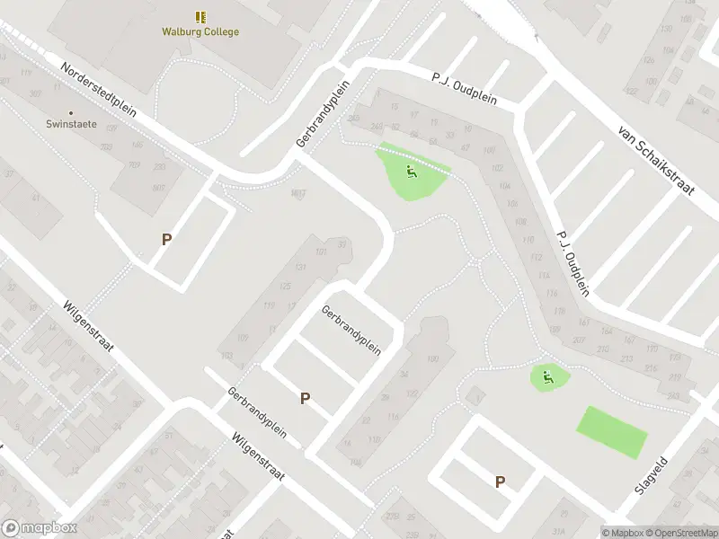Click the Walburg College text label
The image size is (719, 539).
[x=200, y=32]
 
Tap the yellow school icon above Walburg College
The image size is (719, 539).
[x=200, y=17]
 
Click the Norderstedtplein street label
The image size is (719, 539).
[x=98, y=90]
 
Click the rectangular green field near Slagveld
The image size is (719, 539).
[x=611, y=433]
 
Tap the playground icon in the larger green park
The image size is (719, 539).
[x=411, y=172]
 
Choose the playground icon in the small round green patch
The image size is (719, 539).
[x=547, y=377]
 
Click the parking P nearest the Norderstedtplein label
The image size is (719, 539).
[x=166, y=239]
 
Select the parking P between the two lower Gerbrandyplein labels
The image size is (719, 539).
[x=306, y=398]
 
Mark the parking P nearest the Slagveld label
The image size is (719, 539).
[x=500, y=482]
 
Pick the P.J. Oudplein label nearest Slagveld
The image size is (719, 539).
[x=572, y=262]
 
